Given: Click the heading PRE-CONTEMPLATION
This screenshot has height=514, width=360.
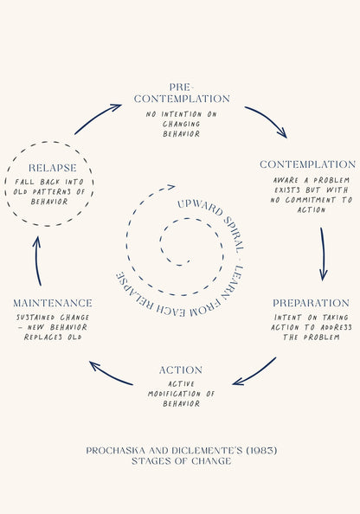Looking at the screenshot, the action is tap(182, 93).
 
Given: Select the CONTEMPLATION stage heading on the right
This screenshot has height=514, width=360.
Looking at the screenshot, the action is tap(307, 164).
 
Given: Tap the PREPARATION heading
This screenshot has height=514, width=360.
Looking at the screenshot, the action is tap(311, 303).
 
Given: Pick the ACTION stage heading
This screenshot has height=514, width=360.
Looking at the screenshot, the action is tap(181, 370).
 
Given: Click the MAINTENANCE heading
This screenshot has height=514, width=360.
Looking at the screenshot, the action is tap(53, 303).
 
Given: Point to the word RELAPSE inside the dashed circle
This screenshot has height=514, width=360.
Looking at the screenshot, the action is tap(53, 168).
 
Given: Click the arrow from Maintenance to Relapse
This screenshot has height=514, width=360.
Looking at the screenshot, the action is tap(37, 260).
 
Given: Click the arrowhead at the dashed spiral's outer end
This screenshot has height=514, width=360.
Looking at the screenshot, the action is tap(171, 187).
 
